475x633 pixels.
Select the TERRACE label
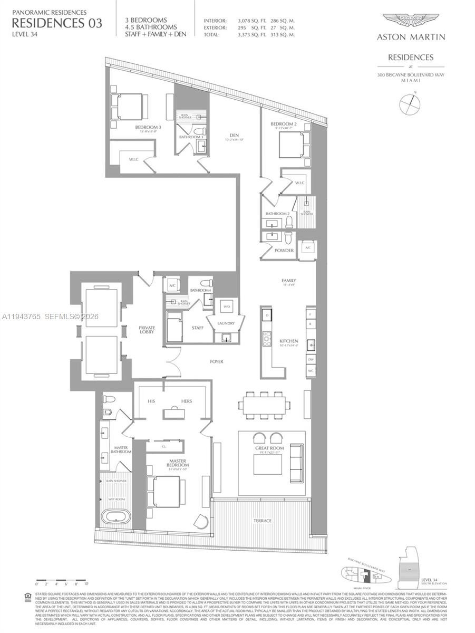pyautogui.click(x=262, y=521)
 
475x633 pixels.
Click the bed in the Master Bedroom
pyautogui.click(x=164, y=492)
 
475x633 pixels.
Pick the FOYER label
pyautogui.click(x=216, y=362)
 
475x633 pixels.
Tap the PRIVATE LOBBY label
pyautogui.click(x=147, y=330)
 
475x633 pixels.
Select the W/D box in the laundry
pyautogui.click(x=227, y=306)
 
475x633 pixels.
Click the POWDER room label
pyautogui.click(x=284, y=251)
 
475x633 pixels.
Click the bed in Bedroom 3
pyautogui.click(x=127, y=107)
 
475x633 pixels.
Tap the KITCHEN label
pyautogui.click(x=289, y=341)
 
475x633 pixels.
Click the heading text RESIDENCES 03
pyautogui.click(x=57, y=23)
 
